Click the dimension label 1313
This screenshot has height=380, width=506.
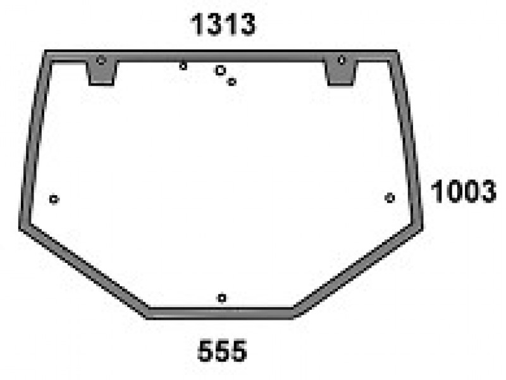pos(223,24)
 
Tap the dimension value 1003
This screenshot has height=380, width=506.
pos(464,192)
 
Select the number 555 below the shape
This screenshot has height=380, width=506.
pos(222,351)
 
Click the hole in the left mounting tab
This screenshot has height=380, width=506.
pos(101,60)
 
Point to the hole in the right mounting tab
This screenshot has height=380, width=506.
pos(342,60)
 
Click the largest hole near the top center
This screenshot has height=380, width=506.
pos(220,70)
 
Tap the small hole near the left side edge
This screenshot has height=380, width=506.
pos(54,199)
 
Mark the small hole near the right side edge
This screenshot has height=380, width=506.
pos(390,198)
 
